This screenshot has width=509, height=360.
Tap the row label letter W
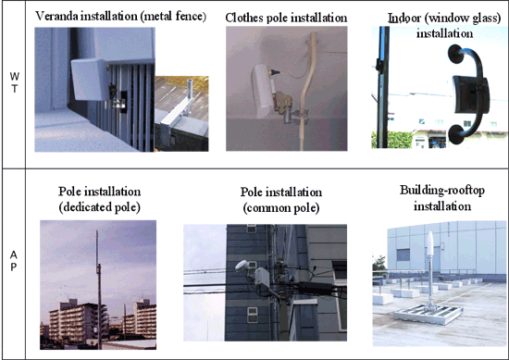click(12, 76)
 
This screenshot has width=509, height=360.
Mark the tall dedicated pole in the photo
click(97, 278)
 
